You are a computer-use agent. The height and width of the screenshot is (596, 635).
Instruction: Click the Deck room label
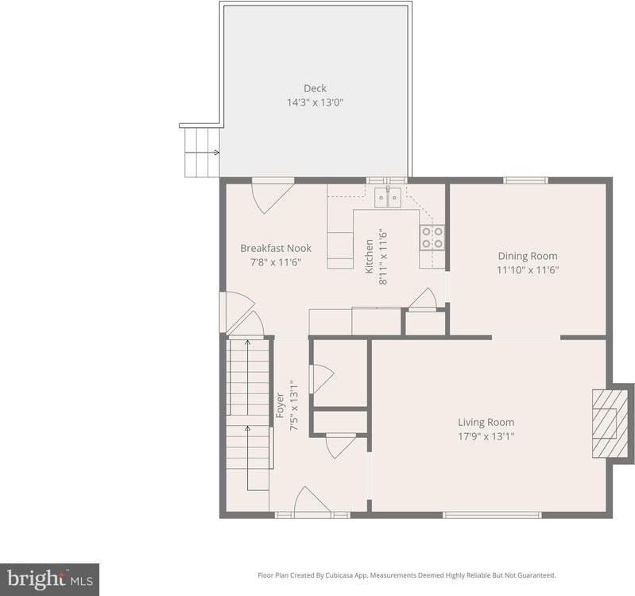(x=315, y=88)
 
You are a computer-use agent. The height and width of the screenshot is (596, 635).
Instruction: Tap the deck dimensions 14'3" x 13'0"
(x=315, y=103)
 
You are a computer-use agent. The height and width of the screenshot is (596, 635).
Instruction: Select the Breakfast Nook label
(x=276, y=248)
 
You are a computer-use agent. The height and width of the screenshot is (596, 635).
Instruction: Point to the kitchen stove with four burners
(x=432, y=237)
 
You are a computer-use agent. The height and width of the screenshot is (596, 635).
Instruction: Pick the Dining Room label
(x=527, y=256)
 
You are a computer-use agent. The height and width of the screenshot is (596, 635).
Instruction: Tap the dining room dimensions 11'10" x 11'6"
(x=527, y=270)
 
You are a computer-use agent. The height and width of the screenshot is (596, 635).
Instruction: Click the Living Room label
(x=486, y=422)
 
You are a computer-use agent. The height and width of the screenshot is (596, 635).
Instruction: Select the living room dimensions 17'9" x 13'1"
(x=486, y=436)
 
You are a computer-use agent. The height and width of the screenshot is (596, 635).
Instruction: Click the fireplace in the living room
(x=610, y=423)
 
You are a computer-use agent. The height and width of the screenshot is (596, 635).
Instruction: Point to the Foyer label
(x=280, y=405)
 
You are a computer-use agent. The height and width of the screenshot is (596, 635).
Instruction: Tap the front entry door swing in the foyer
(x=312, y=501)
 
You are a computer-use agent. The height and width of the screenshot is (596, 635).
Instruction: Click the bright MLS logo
(x=49, y=578)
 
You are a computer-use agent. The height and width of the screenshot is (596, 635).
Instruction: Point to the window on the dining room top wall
(x=526, y=180)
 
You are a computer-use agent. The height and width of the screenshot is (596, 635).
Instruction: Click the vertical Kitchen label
(x=369, y=257)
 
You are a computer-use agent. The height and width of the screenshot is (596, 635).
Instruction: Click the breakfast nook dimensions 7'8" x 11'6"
(x=276, y=262)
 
